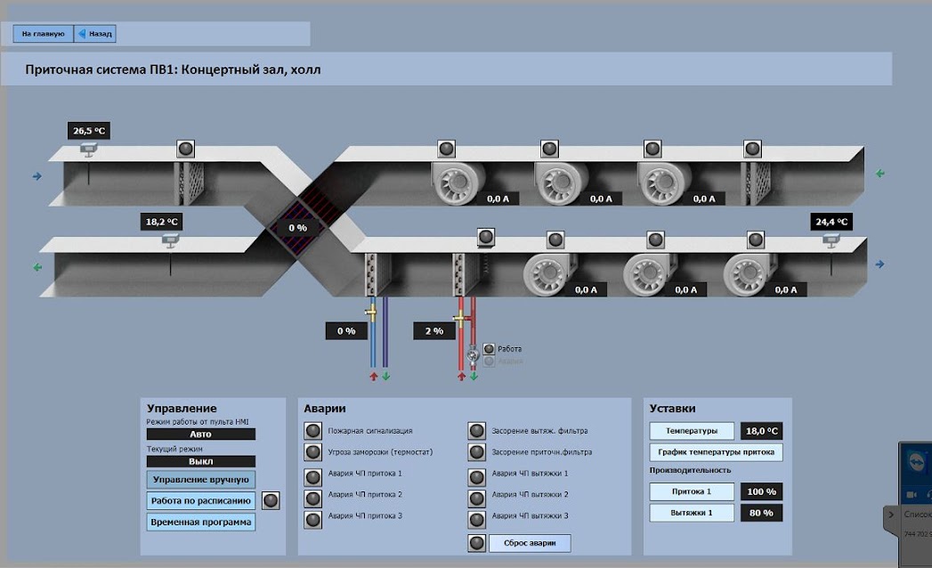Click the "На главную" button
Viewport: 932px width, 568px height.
[x=44, y=34]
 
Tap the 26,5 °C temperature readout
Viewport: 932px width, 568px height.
[x=89, y=131]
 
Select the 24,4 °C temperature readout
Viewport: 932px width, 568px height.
[x=830, y=222]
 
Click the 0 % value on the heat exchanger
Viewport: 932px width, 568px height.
[x=297, y=228]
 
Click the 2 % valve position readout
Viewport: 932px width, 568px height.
[x=434, y=331]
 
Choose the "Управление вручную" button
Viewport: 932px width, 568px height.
[x=201, y=480]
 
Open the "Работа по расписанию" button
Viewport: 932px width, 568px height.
[x=201, y=501]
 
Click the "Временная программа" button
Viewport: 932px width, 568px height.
[x=201, y=523]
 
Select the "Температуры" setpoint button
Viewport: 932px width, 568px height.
[x=692, y=431]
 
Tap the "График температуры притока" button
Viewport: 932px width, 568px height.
[x=716, y=452]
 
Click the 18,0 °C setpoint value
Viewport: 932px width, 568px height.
[x=762, y=431]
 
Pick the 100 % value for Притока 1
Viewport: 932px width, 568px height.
[x=762, y=491]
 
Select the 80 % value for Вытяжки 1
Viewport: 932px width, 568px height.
[x=762, y=513]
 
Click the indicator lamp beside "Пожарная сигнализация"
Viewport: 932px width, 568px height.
[x=312, y=431]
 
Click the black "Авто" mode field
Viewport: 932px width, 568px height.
[x=201, y=434]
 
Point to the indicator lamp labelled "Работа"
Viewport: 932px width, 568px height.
[x=488, y=349]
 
